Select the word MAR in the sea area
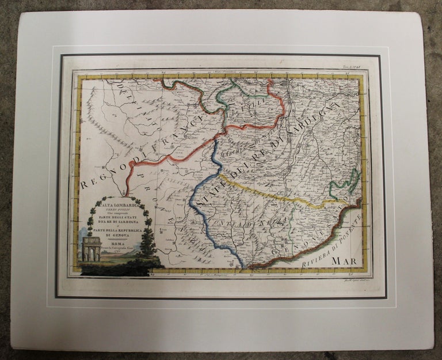click(344, 261)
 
